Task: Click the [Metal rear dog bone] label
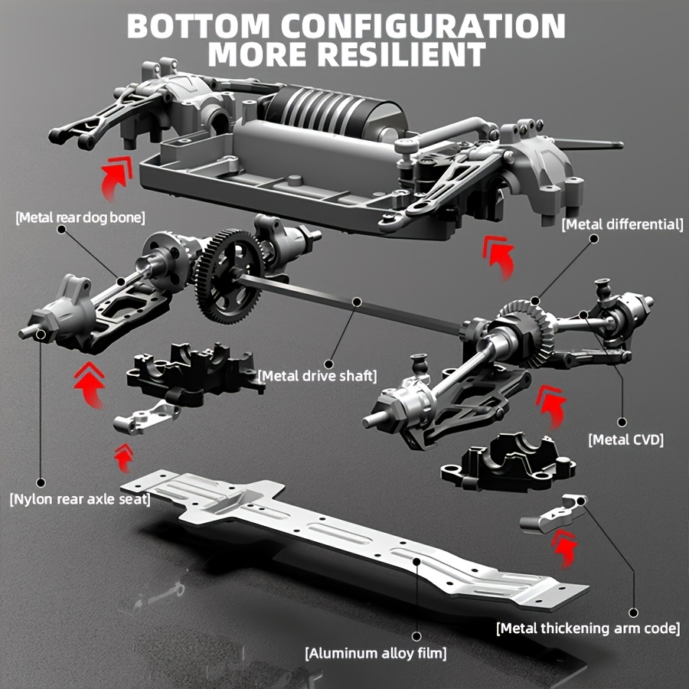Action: tap(80, 217)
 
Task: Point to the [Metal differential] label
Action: tap(622, 224)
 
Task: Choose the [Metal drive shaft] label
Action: tap(318, 376)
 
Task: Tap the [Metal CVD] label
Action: tap(625, 439)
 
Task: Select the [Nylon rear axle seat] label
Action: tap(80, 499)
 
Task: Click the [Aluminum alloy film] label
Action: tap(376, 653)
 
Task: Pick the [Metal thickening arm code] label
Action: tap(588, 629)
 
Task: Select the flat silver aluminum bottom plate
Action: tap(352, 536)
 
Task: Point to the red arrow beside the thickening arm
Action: tap(564, 549)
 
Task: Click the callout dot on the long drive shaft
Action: tap(356, 303)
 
